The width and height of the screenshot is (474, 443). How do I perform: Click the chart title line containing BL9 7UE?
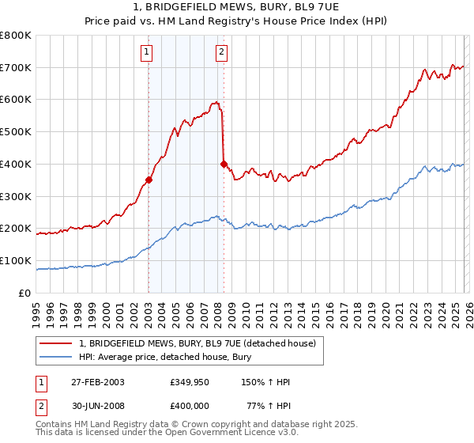click(236, 6)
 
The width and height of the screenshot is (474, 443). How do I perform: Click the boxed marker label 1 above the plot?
click(147, 53)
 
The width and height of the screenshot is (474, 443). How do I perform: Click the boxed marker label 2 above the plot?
click(221, 53)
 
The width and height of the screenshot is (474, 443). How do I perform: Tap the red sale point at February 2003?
click(149, 180)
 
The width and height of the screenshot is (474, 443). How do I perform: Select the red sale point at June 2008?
click(224, 164)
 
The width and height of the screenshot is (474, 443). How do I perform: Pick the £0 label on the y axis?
click(26, 293)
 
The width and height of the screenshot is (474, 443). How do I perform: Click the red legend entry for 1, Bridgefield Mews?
click(197, 343)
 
